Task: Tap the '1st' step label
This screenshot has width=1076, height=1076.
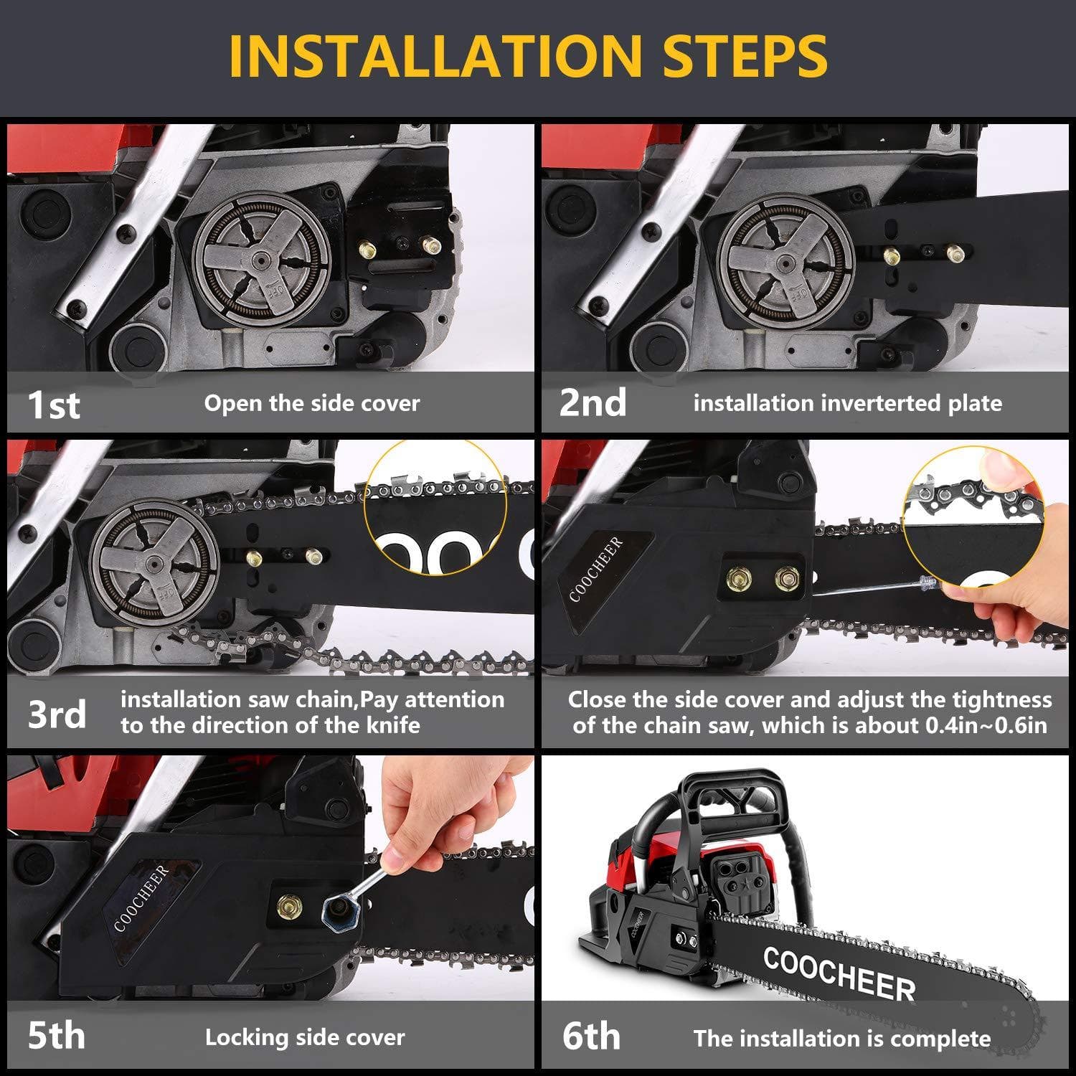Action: click(x=53, y=404)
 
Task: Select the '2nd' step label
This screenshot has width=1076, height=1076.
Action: click(x=593, y=402)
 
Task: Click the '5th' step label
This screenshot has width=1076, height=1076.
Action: click(x=56, y=1036)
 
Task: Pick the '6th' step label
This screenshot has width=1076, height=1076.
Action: click(x=591, y=1036)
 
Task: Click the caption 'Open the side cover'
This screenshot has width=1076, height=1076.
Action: click(x=312, y=403)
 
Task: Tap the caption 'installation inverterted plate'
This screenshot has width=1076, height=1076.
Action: click(x=847, y=403)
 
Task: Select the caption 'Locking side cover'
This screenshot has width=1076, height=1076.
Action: click(x=305, y=1037)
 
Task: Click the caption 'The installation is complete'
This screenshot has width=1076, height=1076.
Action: click(x=841, y=1038)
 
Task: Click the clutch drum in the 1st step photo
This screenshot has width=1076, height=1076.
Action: click(x=263, y=261)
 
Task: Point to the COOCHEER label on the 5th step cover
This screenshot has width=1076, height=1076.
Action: click(x=142, y=899)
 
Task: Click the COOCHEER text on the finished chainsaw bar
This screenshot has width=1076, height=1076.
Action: click(x=839, y=973)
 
